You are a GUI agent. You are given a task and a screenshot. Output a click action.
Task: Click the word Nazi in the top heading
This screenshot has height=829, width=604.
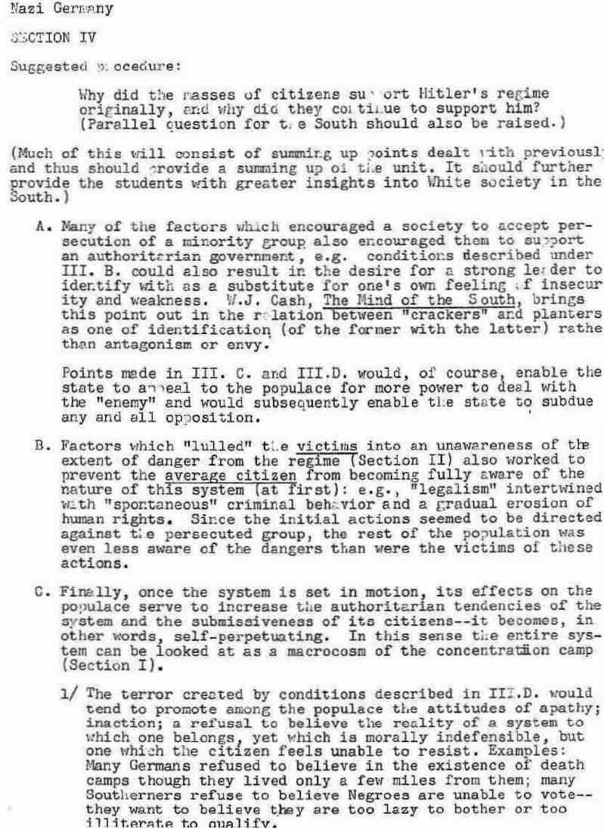(20, 10)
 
